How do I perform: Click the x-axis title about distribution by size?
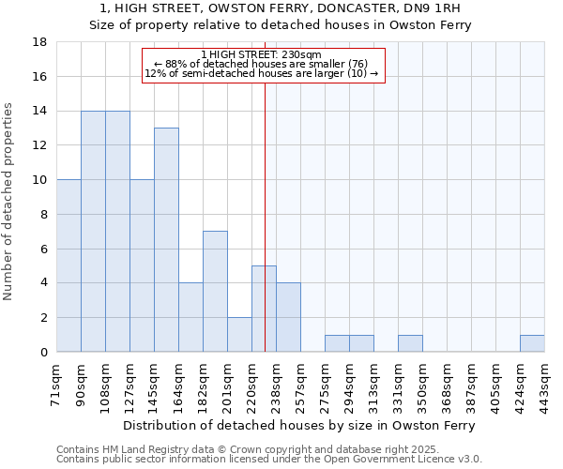299,425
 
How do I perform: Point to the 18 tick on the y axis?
40,42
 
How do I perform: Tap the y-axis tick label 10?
40,180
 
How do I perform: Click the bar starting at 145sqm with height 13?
166,240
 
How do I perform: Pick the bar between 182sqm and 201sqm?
215,292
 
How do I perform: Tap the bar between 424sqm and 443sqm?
532,343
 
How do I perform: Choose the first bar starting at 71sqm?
68,265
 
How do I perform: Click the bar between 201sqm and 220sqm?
239,335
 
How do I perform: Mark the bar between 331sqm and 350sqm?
410,343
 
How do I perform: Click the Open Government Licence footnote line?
269,459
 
